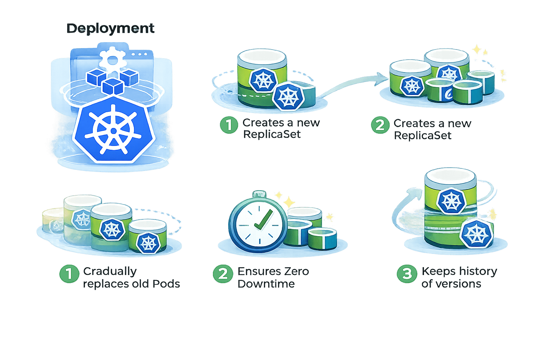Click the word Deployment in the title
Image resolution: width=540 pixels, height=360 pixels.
110,28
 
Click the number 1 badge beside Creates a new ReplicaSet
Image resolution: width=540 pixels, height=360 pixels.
229,125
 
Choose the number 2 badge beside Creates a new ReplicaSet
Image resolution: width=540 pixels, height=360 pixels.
380,125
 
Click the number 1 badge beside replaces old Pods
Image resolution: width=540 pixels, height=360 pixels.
69,274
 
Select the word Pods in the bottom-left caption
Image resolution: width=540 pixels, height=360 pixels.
166,284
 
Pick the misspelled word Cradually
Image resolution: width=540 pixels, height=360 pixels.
110,271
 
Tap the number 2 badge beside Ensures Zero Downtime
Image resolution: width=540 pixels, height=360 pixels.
223,274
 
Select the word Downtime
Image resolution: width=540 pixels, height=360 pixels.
266,284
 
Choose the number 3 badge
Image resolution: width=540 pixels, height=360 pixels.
407,274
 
